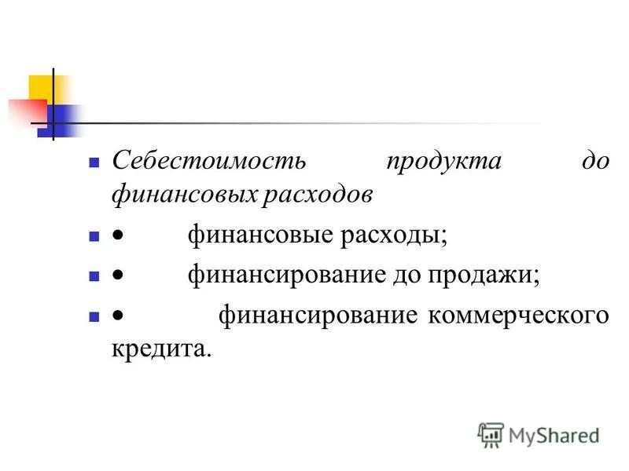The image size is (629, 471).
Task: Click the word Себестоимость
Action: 208,162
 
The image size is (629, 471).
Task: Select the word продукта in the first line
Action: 444,162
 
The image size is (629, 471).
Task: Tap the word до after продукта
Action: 596,162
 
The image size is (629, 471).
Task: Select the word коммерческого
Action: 518,316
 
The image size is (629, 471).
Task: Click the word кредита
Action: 162,349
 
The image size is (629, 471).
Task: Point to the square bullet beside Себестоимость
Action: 93,162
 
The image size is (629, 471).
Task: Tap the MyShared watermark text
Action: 554,434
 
